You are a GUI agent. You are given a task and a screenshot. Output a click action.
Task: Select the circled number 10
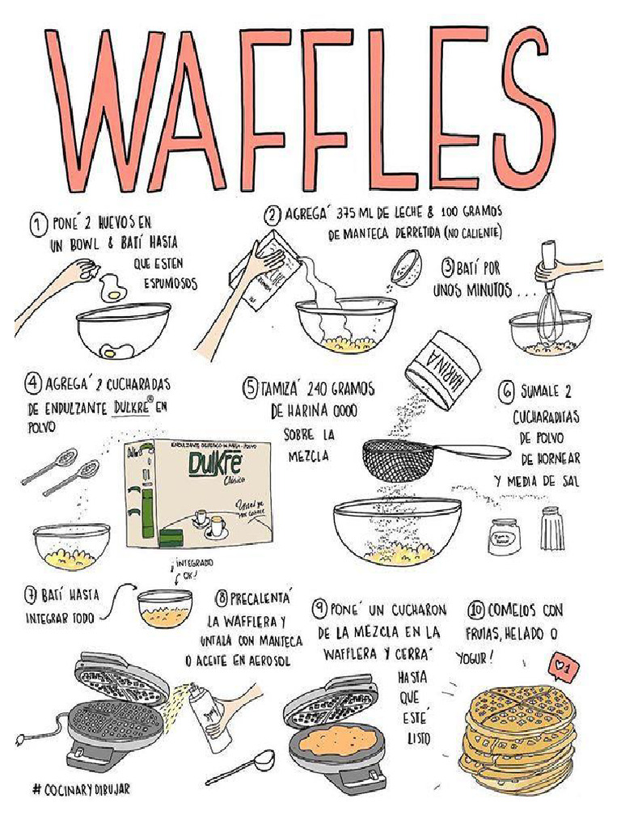coord(476,610)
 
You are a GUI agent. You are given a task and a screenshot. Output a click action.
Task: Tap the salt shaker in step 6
coord(551,530)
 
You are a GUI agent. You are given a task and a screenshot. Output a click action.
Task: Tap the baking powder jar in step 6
coord(503,537)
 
